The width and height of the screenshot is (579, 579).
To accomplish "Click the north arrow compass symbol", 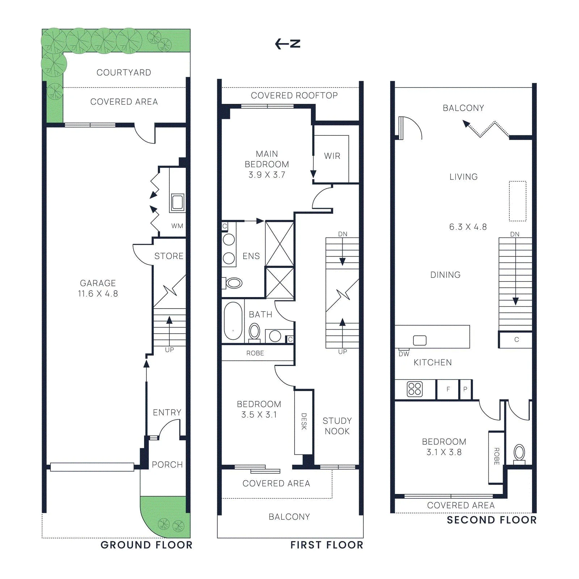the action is pyautogui.click(x=288, y=44).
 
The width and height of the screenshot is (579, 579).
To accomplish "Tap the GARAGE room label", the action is pyautogui.click(x=98, y=283).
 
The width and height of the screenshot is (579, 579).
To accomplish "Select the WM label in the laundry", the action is pyautogui.click(x=177, y=226).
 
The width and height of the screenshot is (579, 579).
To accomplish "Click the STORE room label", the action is pyautogui.click(x=169, y=256).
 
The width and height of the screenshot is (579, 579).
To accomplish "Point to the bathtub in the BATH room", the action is pyautogui.click(x=233, y=321).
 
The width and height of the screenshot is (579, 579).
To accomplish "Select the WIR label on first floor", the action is pyautogui.click(x=332, y=156).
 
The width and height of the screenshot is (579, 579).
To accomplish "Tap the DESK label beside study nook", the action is pyautogui.click(x=304, y=421).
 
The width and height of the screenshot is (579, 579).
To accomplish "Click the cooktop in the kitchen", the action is pyautogui.click(x=415, y=389).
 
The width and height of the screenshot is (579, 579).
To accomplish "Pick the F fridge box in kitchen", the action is pyautogui.click(x=448, y=389).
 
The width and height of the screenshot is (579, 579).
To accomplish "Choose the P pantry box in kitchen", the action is pyautogui.click(x=465, y=389).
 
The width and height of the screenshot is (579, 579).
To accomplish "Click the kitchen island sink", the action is pyautogui.click(x=420, y=340).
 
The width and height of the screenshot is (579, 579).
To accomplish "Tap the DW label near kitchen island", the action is pyautogui.click(x=404, y=354).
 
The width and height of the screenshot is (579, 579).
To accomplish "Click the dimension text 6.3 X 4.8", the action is pyautogui.click(x=468, y=227).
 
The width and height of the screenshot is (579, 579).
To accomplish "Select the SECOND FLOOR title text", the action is pyautogui.click(x=492, y=520).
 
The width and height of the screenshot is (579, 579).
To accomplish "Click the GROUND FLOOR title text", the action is pyautogui.click(x=147, y=545).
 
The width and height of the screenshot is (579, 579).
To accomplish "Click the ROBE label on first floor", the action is pyautogui.click(x=255, y=353).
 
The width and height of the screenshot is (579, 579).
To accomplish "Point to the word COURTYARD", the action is pyautogui.click(x=124, y=72).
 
